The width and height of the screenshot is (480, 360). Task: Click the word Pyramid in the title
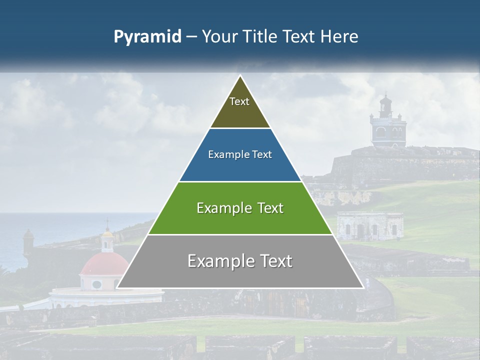(x=147, y=37)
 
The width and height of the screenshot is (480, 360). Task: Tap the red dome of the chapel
(x=104, y=263)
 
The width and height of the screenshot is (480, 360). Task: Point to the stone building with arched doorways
(x=370, y=225)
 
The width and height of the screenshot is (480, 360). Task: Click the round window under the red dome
(x=96, y=284)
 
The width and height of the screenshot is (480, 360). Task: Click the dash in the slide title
(x=191, y=37)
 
